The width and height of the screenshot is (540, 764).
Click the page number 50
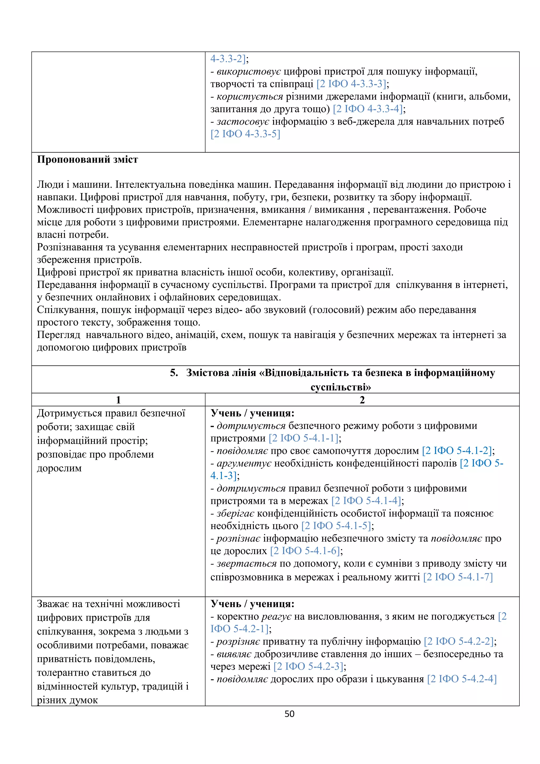(289, 714)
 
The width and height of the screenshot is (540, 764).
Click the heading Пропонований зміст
(87, 159)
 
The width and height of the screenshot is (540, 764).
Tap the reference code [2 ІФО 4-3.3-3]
(351, 84)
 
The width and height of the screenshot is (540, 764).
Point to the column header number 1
(118, 400)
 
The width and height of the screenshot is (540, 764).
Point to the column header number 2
(362, 400)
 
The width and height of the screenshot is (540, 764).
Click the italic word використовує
(249, 71)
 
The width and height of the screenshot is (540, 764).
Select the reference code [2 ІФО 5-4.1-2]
(457, 451)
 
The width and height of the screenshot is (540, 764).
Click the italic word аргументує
(244, 463)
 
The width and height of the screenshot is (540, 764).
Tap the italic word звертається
(247, 564)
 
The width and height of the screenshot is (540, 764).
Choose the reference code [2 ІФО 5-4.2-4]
(462, 679)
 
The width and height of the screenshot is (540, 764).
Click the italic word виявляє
(234, 654)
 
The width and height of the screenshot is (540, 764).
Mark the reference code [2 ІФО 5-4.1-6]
(305, 551)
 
